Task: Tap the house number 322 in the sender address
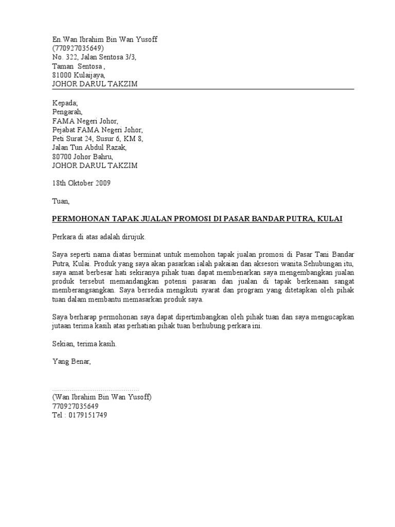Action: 71,57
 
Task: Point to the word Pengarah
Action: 67,112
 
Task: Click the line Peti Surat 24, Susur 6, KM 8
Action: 98,138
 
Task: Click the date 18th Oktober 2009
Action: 81,183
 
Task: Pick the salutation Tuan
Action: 60,201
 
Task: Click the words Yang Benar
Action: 71,362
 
